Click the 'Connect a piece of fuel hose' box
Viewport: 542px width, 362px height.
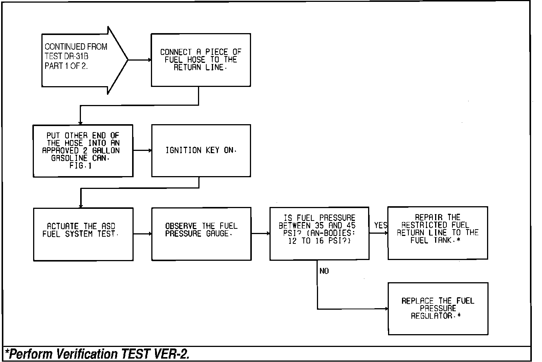pos(201,60)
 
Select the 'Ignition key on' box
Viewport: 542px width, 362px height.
pos(201,151)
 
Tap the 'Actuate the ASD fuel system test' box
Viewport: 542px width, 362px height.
pos(83,234)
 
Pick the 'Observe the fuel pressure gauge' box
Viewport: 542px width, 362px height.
pos(201,234)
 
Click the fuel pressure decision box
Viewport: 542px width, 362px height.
pos(319,233)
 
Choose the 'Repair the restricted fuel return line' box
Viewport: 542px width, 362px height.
pos(437,233)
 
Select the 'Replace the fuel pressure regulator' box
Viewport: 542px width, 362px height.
pos(438,309)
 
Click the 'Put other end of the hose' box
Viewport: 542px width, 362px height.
pos(83,151)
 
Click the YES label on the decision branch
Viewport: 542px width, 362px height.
pos(381,225)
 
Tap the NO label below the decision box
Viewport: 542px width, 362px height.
pos(324,271)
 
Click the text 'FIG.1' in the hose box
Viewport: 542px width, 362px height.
pos(81,166)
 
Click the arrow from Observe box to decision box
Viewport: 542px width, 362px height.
pos(260,234)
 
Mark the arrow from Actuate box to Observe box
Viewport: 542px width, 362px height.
pos(142,234)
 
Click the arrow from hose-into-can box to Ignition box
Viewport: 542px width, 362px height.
pos(142,151)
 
